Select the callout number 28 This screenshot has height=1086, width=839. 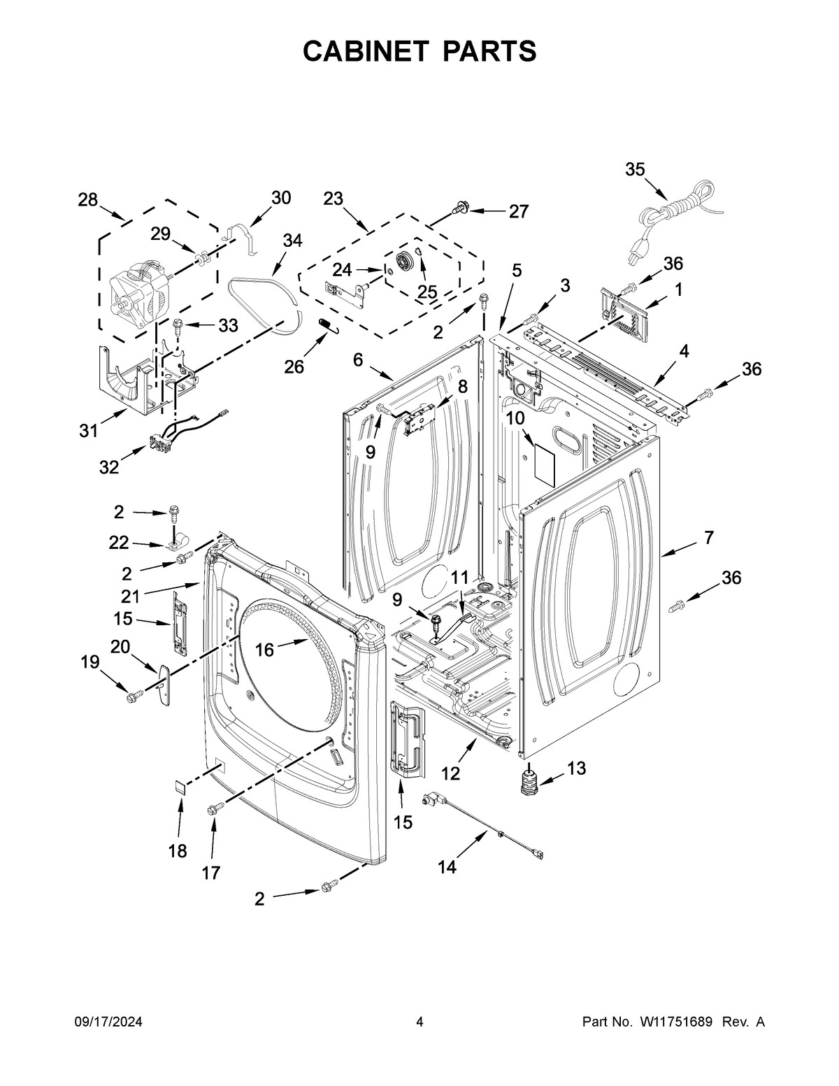pyautogui.click(x=87, y=200)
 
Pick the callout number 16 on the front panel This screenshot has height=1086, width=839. pyautogui.click(x=264, y=650)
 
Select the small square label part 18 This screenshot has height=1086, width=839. pyautogui.click(x=180, y=787)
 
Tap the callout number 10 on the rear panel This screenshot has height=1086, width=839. pyautogui.click(x=515, y=418)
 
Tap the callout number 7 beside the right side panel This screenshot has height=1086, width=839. pyautogui.click(x=709, y=537)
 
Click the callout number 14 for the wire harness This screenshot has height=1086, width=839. pyautogui.click(x=447, y=867)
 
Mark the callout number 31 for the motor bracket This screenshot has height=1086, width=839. pyautogui.click(x=88, y=431)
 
